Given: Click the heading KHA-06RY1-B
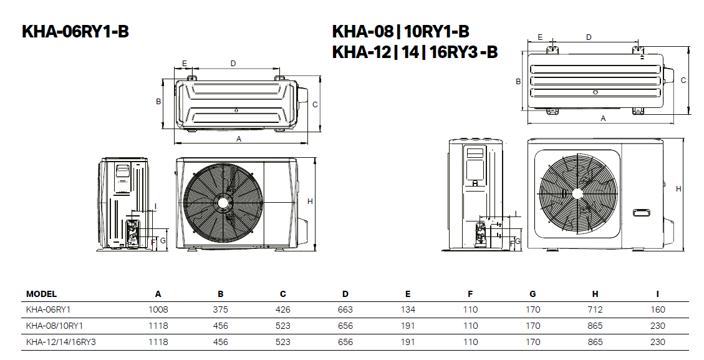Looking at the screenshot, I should pyautogui.click(x=75, y=32).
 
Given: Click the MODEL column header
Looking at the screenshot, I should pyautogui.click(x=41, y=294).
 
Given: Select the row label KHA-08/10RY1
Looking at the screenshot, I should pyautogui.click(x=54, y=326).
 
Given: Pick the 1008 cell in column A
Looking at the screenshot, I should pyautogui.click(x=158, y=309).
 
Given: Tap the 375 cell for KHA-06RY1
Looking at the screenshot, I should pyautogui.click(x=221, y=309).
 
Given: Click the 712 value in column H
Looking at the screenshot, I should pyautogui.click(x=595, y=309).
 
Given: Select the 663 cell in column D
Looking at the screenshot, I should pyautogui.click(x=345, y=309).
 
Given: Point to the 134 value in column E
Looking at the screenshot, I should pyautogui.click(x=408, y=309).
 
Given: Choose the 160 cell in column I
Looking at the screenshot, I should pyautogui.click(x=657, y=309).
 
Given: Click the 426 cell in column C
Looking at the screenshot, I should pyautogui.click(x=283, y=309).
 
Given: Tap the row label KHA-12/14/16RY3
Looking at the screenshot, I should pyautogui.click(x=60, y=342).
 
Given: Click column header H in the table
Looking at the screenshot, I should pyautogui.click(x=595, y=294).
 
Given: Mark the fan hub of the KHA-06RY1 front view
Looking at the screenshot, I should pyautogui.click(x=222, y=202).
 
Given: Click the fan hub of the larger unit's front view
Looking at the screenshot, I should pyautogui.click(x=574, y=192).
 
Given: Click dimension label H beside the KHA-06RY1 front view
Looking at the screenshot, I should pyautogui.click(x=310, y=201).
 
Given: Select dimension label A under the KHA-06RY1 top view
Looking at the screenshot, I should pyautogui.click(x=239, y=139).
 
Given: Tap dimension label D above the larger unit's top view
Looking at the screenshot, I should pyautogui.click(x=589, y=37).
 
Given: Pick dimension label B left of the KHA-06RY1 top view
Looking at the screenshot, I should pyautogui.click(x=158, y=101).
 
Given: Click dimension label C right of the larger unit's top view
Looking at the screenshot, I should pyautogui.click(x=683, y=80).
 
